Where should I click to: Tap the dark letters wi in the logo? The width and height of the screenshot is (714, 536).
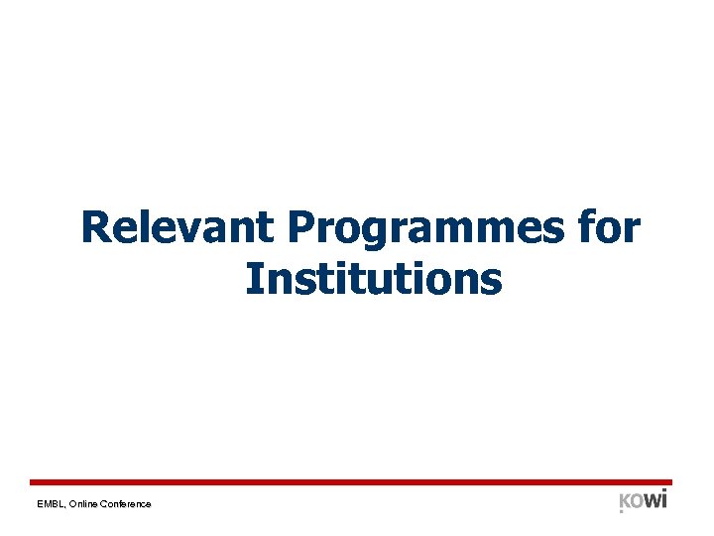pyautogui.click(x=655, y=498)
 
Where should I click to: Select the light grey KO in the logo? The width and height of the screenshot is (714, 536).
pyautogui.click(x=631, y=500)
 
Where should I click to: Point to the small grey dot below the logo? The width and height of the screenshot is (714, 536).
pyautogui.click(x=622, y=512)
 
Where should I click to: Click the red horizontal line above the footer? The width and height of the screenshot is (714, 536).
pyautogui.click(x=357, y=481)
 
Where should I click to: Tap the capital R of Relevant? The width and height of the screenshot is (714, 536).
pyautogui.click(x=96, y=227)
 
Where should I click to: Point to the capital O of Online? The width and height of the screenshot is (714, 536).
pyautogui.click(x=72, y=504)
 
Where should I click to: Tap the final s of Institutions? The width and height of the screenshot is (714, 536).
pyautogui.click(x=493, y=281)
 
